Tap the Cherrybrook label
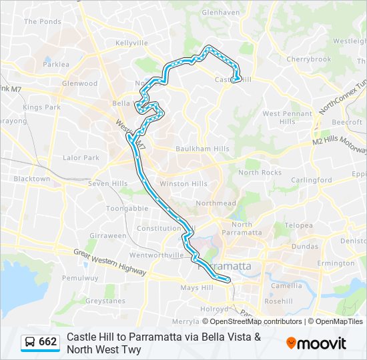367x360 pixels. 309,59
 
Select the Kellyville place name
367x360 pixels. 131,43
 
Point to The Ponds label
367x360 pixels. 42,21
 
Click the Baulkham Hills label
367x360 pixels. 203,149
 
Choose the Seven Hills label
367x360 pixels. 107,184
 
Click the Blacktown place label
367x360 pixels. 31,179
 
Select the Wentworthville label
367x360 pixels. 157,255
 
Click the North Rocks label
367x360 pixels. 260,173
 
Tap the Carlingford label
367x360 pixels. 311,180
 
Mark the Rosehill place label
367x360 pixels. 278,301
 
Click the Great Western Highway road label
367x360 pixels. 110,259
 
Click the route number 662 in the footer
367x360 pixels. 48,342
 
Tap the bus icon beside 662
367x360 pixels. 31,342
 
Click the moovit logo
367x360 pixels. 316,343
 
